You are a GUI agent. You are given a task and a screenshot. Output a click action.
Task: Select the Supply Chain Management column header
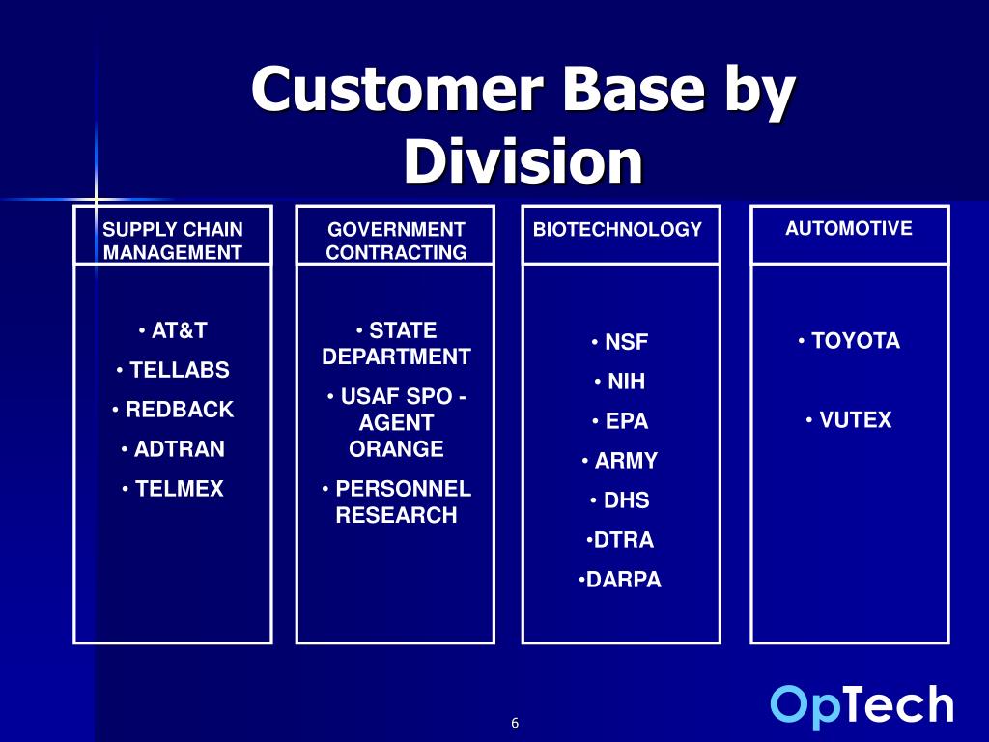click(x=173, y=241)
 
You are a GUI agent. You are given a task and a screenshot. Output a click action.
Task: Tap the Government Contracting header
click(x=396, y=241)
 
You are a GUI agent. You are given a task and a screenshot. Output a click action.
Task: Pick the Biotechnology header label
click(x=617, y=230)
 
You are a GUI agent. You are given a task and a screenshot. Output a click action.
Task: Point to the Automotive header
click(x=849, y=229)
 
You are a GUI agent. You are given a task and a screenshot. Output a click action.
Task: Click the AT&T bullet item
click(x=174, y=330)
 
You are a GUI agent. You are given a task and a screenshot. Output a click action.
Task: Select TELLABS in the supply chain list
click(x=174, y=370)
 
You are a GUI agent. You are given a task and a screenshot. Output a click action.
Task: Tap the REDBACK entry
click(x=174, y=410)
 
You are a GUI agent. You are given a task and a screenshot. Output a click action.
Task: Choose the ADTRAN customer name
click(x=174, y=449)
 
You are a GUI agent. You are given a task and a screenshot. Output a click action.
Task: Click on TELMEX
click(x=174, y=489)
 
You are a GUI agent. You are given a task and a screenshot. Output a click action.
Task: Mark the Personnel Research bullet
click(x=396, y=501)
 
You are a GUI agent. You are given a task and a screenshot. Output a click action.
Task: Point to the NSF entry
click(x=621, y=343)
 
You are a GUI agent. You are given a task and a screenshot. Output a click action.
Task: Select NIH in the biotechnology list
click(x=621, y=382)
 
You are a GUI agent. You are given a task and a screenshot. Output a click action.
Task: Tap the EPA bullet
click(x=621, y=421)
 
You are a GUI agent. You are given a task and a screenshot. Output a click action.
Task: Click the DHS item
click(x=621, y=500)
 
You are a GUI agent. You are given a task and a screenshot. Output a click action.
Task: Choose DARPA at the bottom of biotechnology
click(x=621, y=580)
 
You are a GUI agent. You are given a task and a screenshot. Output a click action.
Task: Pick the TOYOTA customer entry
click(x=850, y=341)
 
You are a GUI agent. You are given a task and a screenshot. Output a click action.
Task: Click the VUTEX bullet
click(x=850, y=420)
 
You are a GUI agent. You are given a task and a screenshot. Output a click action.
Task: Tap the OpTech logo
click(x=862, y=705)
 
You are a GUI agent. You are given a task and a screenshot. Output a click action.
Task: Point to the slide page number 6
click(x=515, y=724)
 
